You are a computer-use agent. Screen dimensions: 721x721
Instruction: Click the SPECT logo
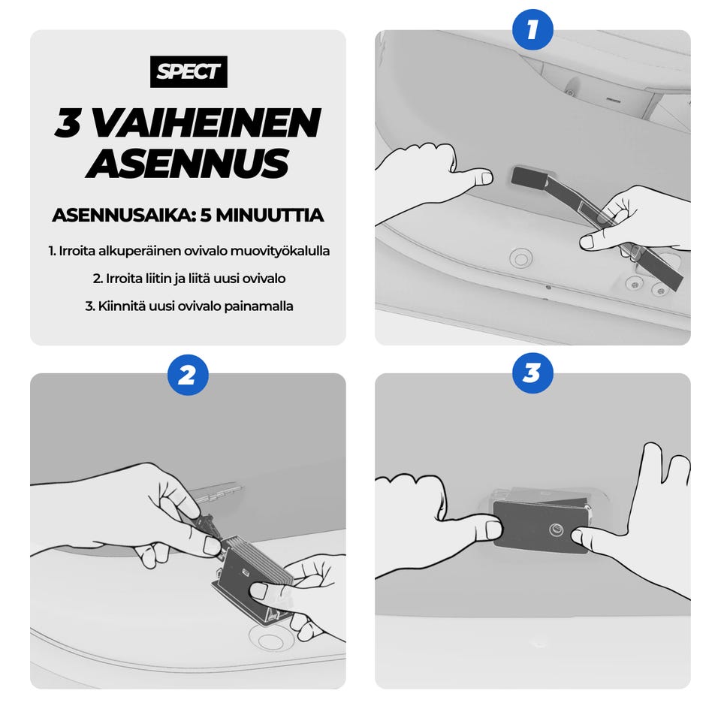[189, 71]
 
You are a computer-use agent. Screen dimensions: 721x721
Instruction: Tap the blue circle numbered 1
[532, 29]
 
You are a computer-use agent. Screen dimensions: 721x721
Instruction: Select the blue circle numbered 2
[188, 375]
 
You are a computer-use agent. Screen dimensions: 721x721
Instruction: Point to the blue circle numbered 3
[532, 373]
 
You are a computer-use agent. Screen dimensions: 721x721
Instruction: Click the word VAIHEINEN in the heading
[207, 123]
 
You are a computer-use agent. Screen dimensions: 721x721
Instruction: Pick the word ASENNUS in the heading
[188, 163]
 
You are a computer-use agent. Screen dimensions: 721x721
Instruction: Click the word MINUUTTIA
[262, 216]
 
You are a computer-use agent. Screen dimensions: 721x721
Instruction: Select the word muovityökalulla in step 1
[280, 251]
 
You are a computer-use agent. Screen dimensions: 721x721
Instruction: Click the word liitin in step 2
[158, 279]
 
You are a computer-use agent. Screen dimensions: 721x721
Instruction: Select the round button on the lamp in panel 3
[557, 529]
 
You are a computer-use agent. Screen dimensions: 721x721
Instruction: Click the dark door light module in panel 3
[541, 525]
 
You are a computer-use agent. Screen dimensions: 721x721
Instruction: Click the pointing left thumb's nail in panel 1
[487, 178]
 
